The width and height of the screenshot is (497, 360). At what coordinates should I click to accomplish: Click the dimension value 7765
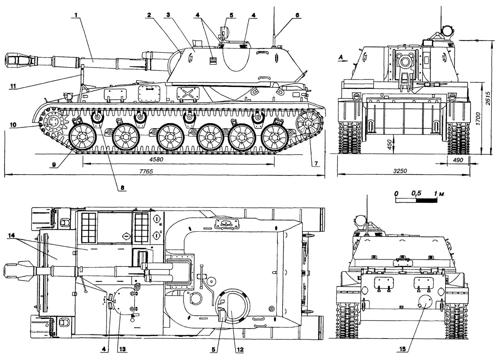(143, 171)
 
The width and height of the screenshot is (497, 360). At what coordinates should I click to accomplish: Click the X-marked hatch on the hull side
(186, 93)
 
